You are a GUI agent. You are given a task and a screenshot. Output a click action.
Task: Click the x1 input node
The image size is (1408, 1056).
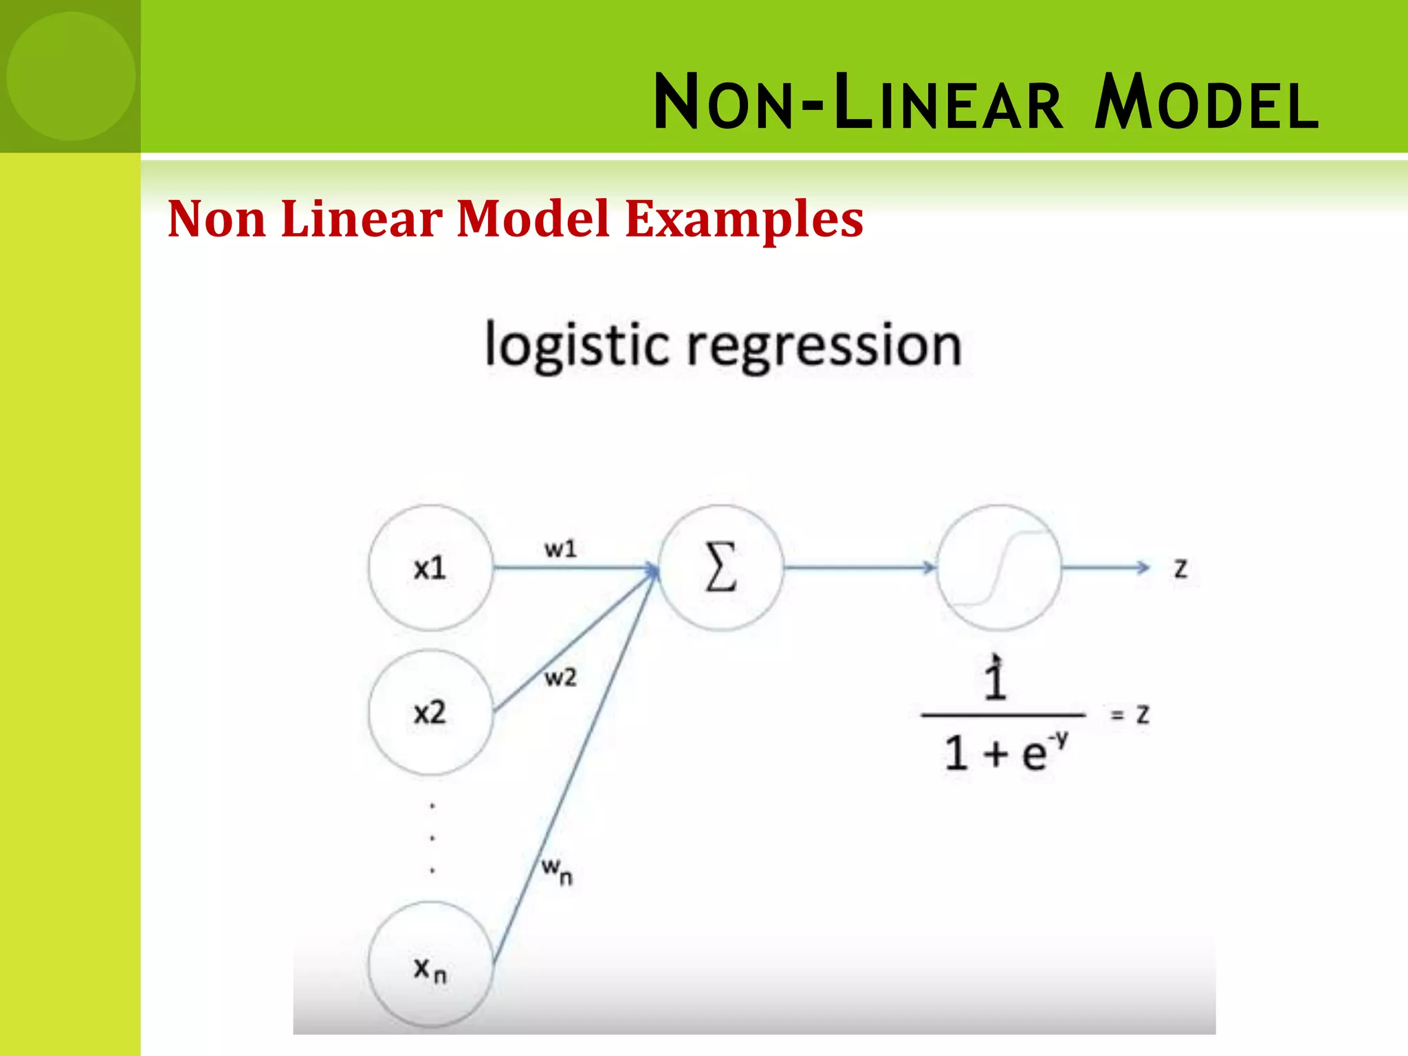tap(430, 568)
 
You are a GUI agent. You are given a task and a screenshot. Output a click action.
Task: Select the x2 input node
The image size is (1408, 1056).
tap(430, 712)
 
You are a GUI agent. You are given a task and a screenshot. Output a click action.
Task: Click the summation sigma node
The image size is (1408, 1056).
tap(721, 568)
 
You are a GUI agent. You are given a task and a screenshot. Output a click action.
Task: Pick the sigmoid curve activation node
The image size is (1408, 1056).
tap(999, 568)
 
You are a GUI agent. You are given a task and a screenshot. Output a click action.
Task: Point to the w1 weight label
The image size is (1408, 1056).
tap(560, 549)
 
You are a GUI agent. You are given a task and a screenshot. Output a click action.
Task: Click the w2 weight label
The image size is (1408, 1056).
tap(560, 678)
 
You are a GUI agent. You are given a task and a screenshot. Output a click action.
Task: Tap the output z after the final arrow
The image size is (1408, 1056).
tap(1180, 569)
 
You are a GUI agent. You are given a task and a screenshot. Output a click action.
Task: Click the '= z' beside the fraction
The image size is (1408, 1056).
tap(1130, 715)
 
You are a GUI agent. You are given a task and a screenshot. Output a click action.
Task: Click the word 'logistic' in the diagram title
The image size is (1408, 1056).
tap(576, 346)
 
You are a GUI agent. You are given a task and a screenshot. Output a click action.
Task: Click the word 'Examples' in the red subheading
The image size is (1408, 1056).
tap(744, 219)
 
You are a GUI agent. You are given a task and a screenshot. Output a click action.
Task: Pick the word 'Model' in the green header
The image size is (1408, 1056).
tap(1206, 103)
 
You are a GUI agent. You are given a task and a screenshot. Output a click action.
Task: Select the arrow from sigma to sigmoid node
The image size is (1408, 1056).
tap(859, 568)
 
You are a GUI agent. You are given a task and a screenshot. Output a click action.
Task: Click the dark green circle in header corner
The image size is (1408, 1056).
tap(71, 76)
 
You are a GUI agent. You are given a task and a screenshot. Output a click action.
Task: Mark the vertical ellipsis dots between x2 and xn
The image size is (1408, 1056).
tap(432, 837)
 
